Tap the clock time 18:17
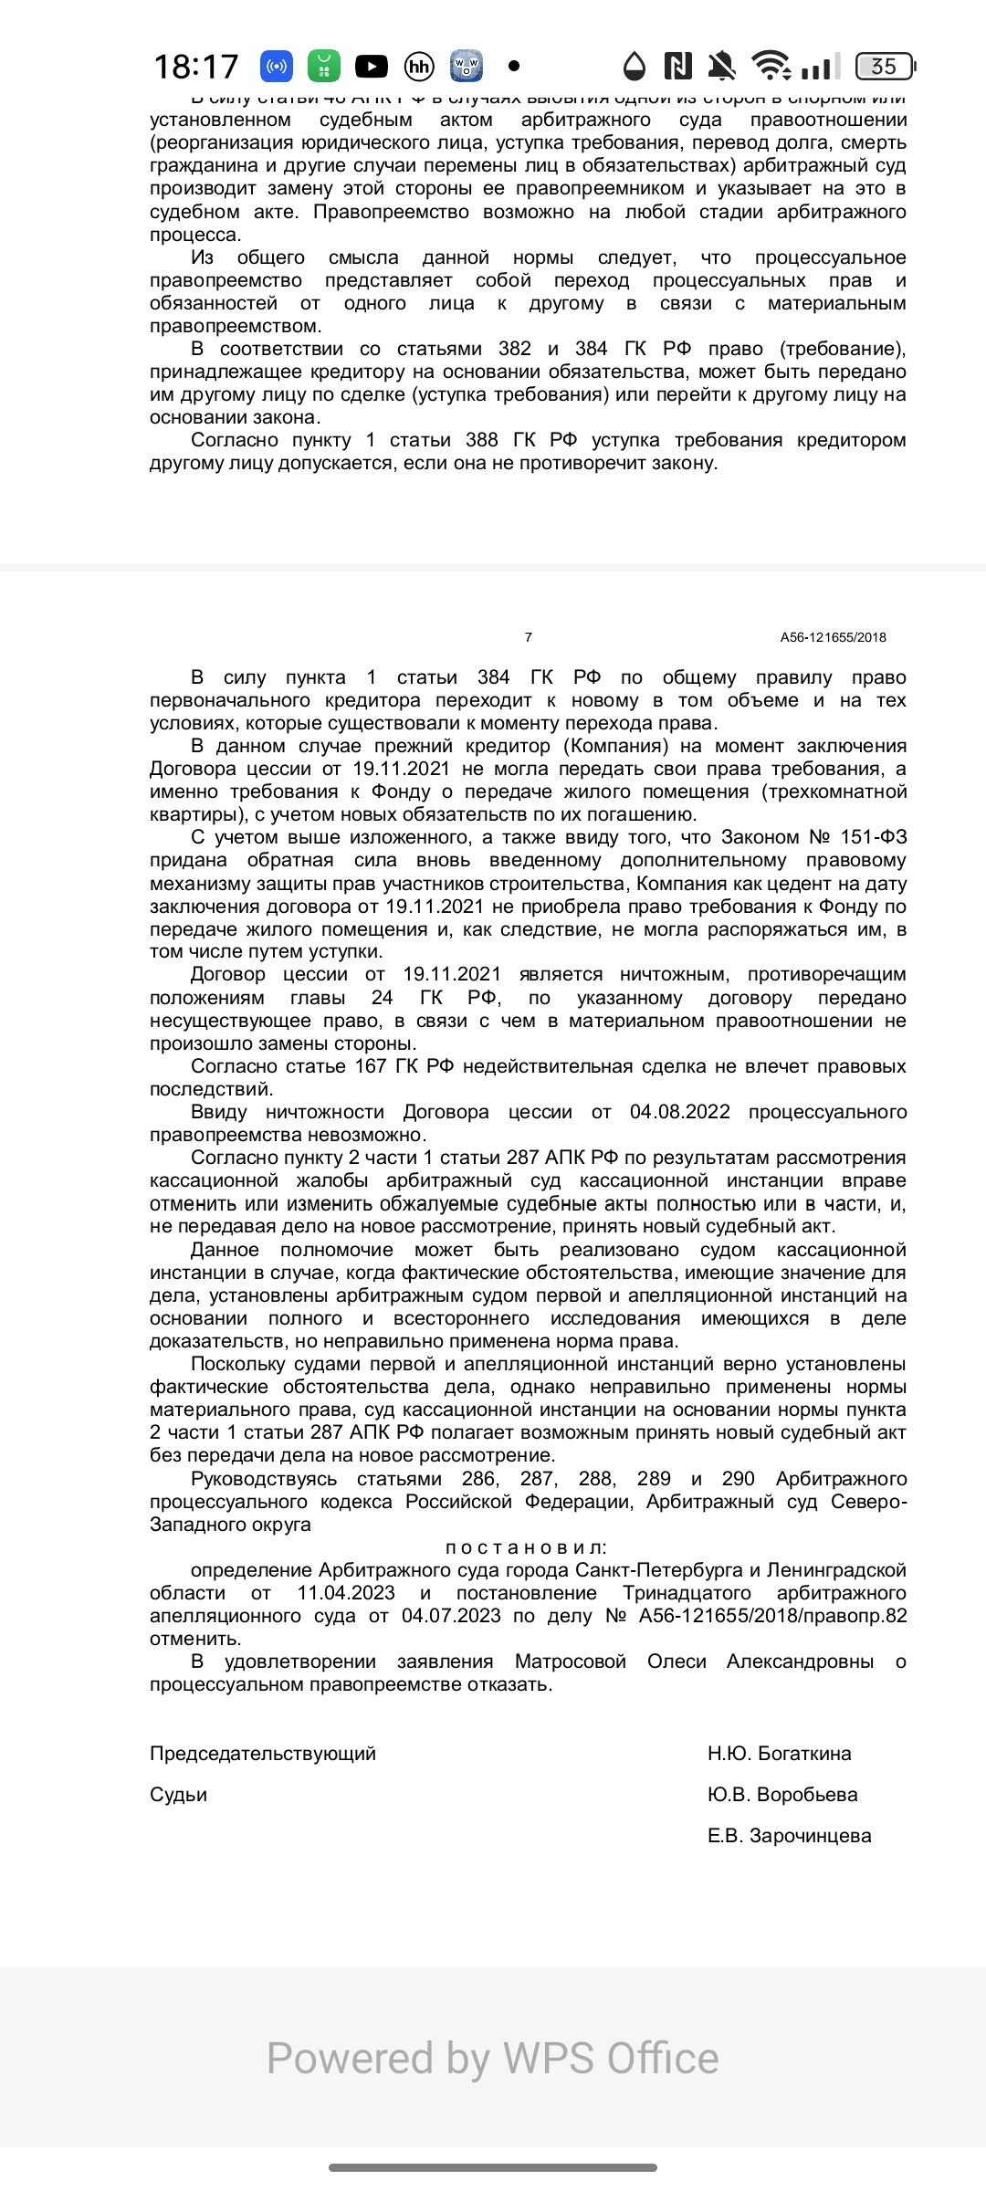click(196, 67)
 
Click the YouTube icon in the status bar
click(371, 66)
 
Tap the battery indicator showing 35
click(885, 66)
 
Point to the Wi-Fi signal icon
click(771, 66)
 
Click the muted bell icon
click(721, 66)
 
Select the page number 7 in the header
click(528, 637)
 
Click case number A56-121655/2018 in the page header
click(833, 637)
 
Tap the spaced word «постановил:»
click(526, 1547)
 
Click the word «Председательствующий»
click(263, 1753)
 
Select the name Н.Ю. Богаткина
click(779, 1753)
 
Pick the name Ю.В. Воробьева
click(782, 1794)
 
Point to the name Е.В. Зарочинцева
click(789, 1835)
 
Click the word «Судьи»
click(178, 1794)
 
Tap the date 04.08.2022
click(680, 1112)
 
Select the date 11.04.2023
click(346, 1593)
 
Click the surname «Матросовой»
click(571, 1662)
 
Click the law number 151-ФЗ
click(873, 837)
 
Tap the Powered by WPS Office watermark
click(493, 2059)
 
